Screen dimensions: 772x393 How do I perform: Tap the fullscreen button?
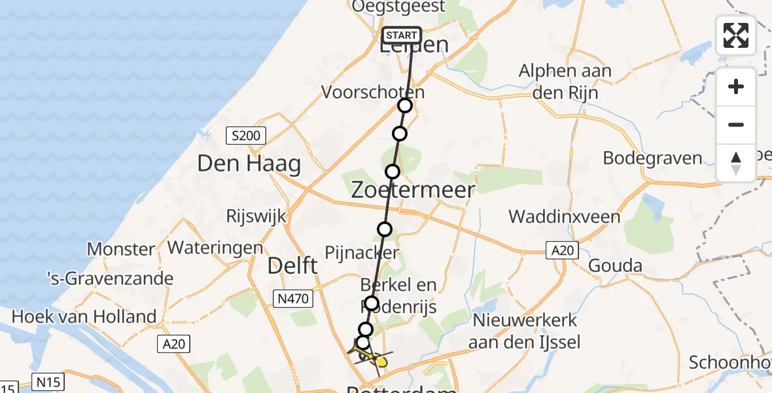(x=736, y=35)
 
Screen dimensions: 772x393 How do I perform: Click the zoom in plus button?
(x=736, y=86)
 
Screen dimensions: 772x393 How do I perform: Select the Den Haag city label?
(x=249, y=164)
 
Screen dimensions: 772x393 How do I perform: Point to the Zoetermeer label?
(x=413, y=190)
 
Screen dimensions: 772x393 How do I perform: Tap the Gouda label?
(x=615, y=266)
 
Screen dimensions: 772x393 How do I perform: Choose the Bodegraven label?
(x=652, y=158)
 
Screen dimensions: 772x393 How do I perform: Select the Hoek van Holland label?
(x=84, y=317)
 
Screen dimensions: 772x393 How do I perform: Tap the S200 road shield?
(x=246, y=136)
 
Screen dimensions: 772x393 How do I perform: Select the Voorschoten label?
(x=372, y=92)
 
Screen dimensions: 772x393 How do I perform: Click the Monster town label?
(x=121, y=250)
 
